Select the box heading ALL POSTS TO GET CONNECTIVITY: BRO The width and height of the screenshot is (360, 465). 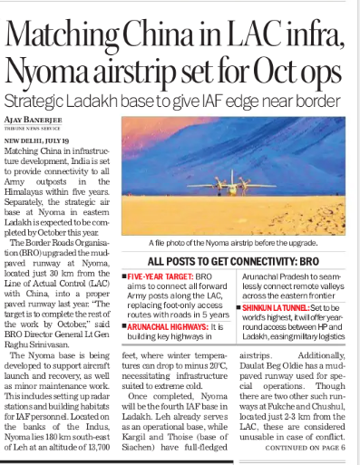tap(237, 261)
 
